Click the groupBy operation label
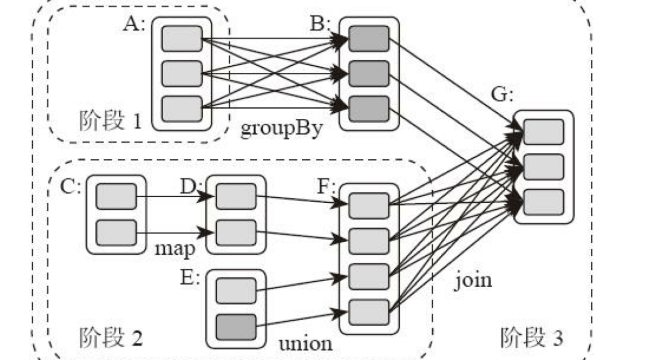(281, 129)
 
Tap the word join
(473, 279)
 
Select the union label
(306, 344)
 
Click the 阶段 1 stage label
(110, 121)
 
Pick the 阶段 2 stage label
(111, 338)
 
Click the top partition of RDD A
(181, 39)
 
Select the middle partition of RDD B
(369, 74)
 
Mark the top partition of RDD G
(543, 132)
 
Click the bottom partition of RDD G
(543, 202)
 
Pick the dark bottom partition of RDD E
(236, 327)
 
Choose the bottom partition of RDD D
(236, 232)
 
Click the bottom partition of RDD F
(369, 312)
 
